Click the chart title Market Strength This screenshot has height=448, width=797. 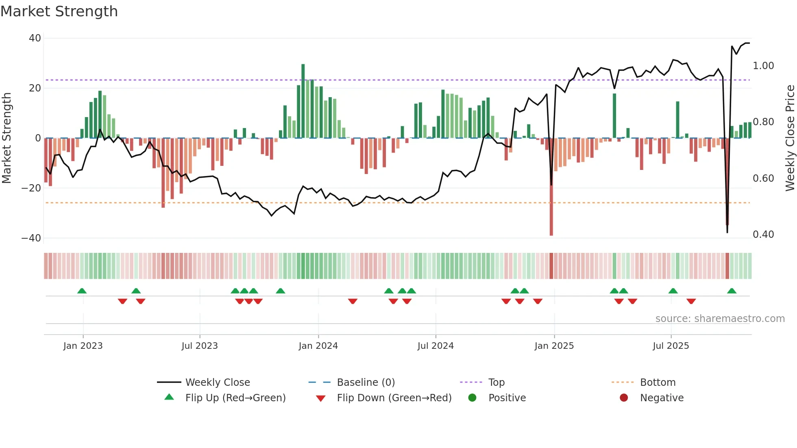(x=59, y=11)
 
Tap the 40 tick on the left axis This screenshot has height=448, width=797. (x=35, y=38)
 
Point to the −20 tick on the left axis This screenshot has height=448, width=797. (x=31, y=188)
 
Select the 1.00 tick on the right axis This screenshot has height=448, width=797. (x=763, y=66)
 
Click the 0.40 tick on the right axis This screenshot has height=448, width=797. (x=763, y=235)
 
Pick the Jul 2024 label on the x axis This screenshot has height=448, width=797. (x=436, y=346)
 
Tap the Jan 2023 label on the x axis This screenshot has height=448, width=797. (x=83, y=346)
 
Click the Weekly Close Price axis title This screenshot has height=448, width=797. (x=790, y=138)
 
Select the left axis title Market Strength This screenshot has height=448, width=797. (x=7, y=138)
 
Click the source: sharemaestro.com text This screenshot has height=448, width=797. (x=720, y=319)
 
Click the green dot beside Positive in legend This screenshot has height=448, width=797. (x=472, y=398)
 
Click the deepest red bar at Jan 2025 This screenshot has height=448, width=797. (x=551, y=187)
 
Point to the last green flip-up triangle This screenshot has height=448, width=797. (x=732, y=291)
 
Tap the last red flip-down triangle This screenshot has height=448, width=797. (x=691, y=301)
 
